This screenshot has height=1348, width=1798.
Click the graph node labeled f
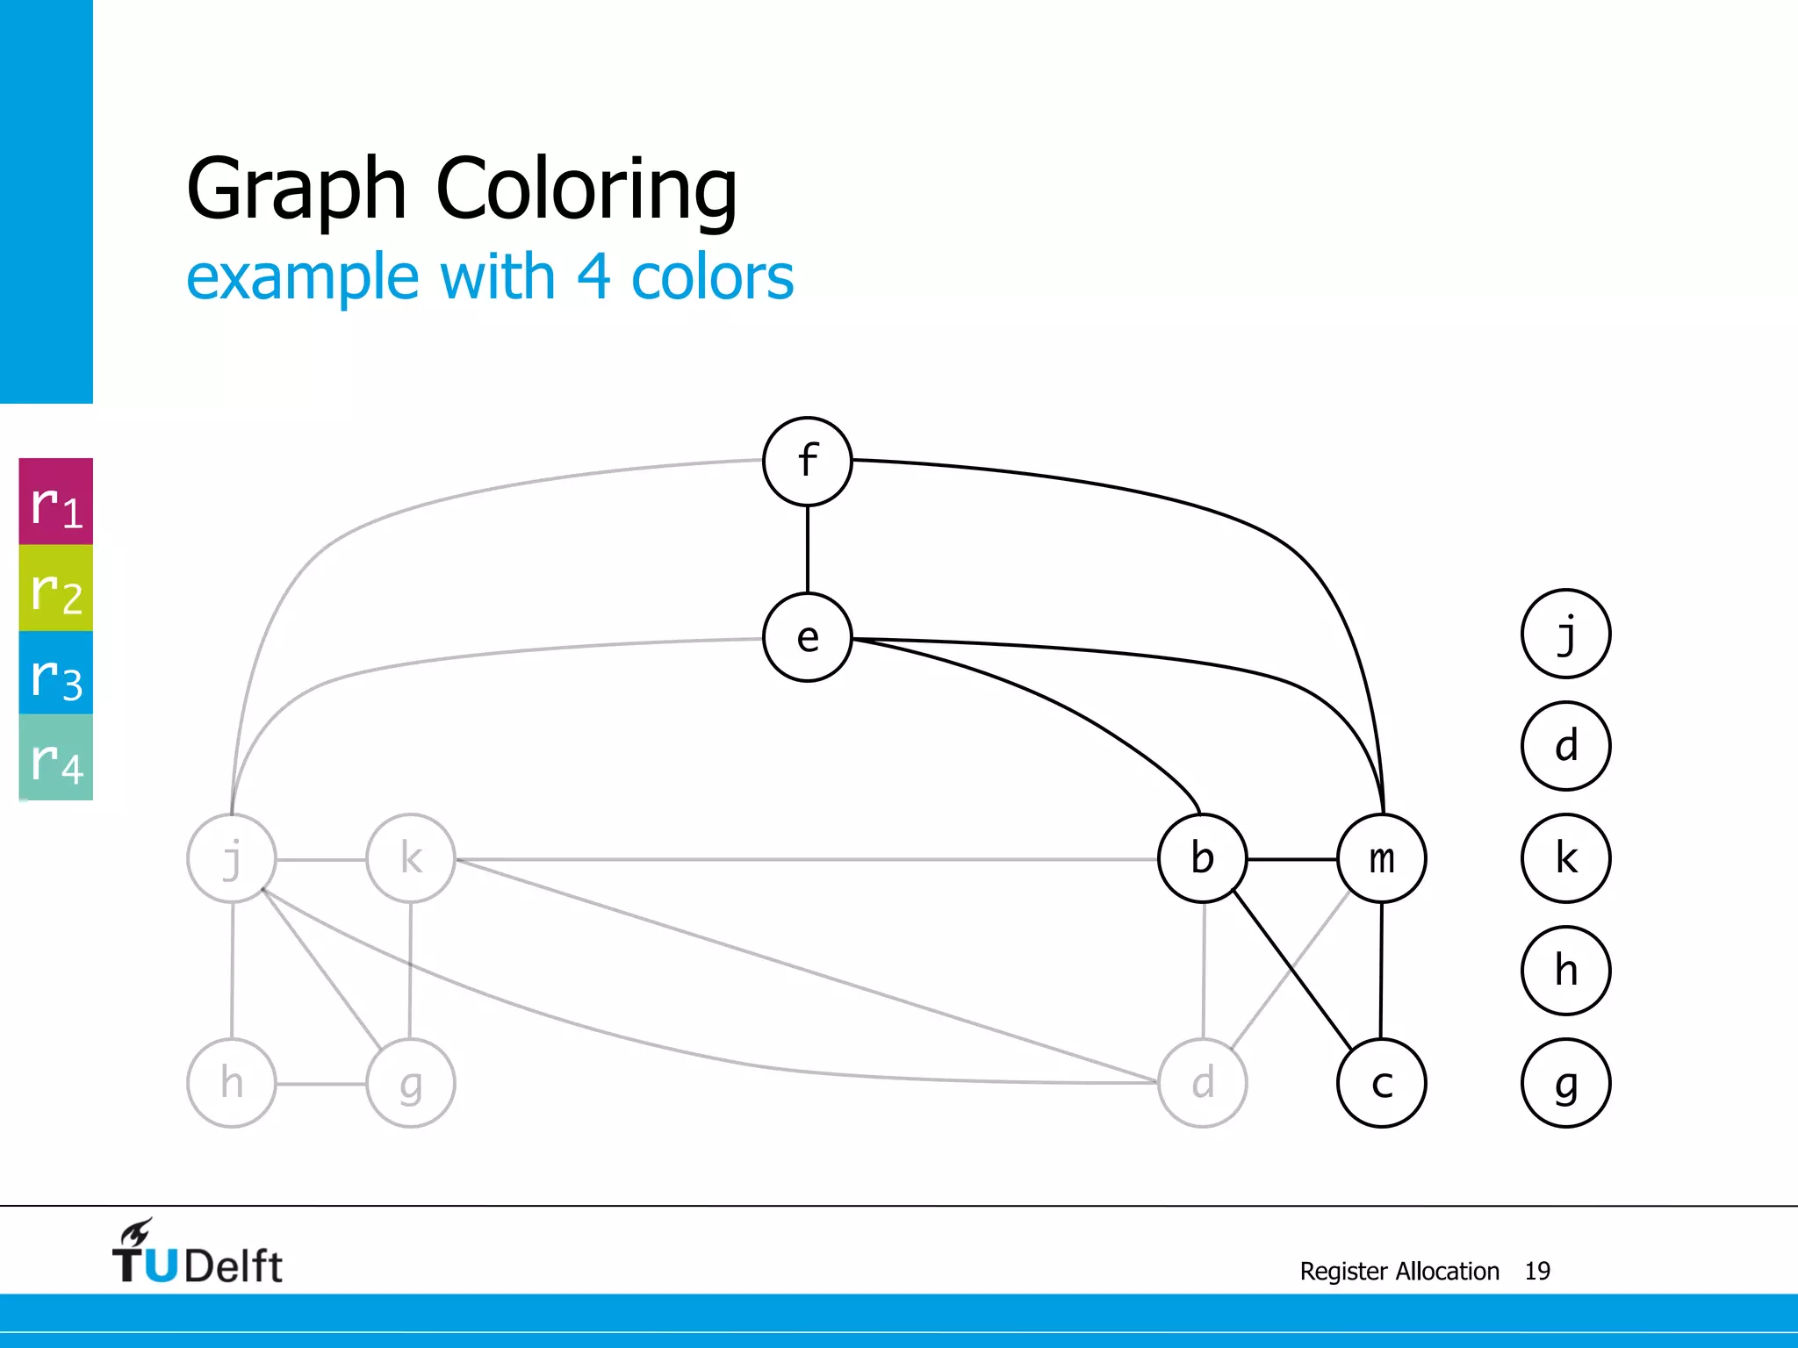click(x=808, y=462)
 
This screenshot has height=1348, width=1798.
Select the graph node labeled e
click(x=808, y=638)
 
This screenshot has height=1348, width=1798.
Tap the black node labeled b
click(x=1203, y=858)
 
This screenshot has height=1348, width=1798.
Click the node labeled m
click(x=1382, y=858)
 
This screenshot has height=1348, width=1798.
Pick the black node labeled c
click(x=1382, y=1083)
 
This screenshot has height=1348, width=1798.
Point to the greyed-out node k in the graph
click(x=411, y=858)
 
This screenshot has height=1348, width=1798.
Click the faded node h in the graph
click(x=232, y=1083)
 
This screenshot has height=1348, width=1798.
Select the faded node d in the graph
click(x=1203, y=1083)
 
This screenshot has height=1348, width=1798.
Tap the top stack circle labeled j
click(x=1565, y=634)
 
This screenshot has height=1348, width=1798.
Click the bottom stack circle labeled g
click(x=1565, y=1083)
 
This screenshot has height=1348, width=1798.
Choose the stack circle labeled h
click(x=1565, y=971)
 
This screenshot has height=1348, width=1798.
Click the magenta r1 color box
click(x=56, y=502)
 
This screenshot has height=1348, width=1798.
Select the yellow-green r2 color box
click(x=56, y=588)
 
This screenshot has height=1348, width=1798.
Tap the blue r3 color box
click(x=56, y=673)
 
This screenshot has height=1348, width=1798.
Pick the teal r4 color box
click(x=56, y=757)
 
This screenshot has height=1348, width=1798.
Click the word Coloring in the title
click(x=586, y=189)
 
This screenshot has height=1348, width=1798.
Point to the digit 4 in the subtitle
click(x=593, y=277)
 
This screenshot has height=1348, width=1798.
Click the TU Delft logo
click(x=198, y=1253)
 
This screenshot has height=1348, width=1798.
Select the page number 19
click(x=1537, y=1271)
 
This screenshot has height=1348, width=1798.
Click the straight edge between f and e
click(x=808, y=549)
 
